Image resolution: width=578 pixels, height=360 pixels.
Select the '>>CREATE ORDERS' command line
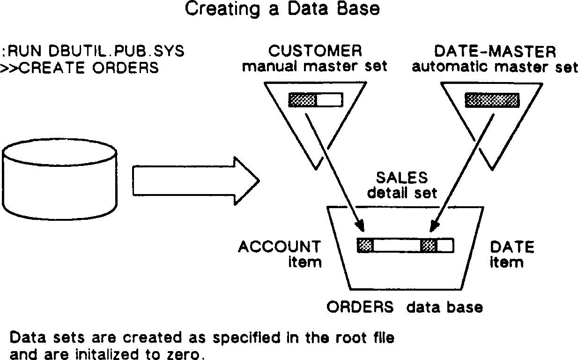point(80,67)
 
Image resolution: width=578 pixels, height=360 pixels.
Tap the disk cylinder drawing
point(59,181)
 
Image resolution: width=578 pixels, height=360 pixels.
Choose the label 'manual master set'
point(315,67)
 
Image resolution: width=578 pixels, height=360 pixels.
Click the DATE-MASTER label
point(495,51)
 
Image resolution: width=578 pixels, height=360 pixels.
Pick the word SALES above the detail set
point(402,177)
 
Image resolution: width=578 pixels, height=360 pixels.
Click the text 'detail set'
point(402,192)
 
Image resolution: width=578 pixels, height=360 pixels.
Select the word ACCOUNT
point(280,246)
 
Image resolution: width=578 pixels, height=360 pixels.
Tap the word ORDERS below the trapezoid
point(360,307)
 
